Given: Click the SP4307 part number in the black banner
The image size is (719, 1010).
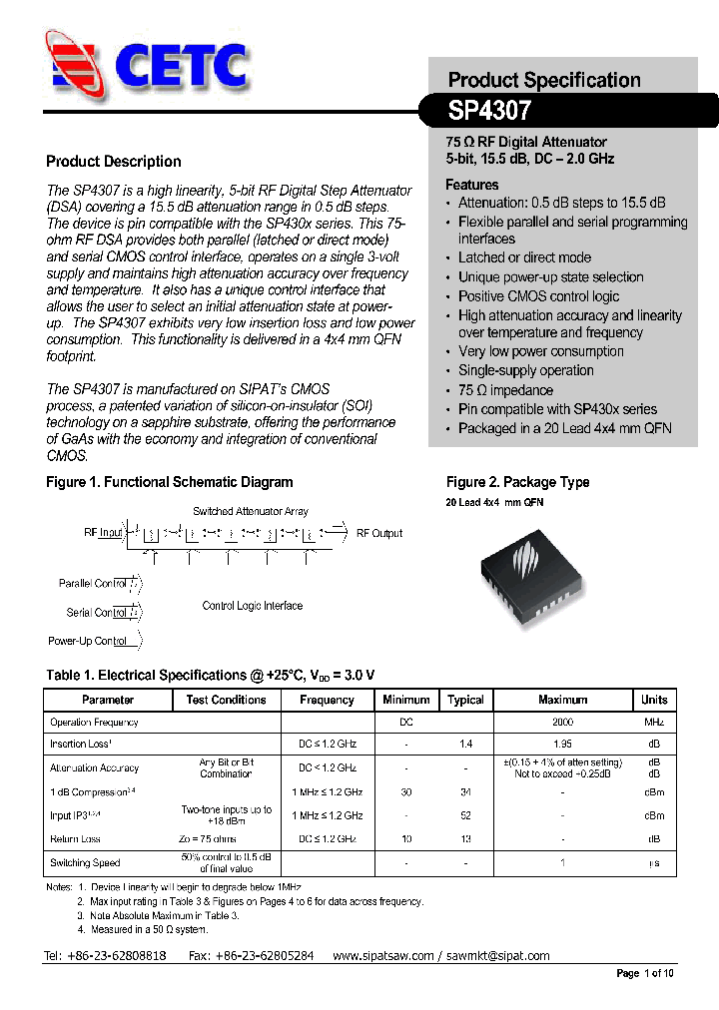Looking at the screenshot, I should (x=489, y=110).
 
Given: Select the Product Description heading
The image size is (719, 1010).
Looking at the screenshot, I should (x=114, y=162).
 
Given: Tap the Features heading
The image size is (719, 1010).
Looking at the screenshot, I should (x=472, y=185).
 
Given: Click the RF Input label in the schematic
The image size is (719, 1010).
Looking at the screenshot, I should (x=103, y=533).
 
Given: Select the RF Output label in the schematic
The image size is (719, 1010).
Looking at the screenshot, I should (x=379, y=534).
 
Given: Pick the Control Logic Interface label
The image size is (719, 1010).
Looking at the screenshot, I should (x=252, y=606).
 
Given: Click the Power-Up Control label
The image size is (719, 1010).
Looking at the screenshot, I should (x=88, y=641).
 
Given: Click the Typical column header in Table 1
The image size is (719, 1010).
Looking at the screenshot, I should (x=465, y=700).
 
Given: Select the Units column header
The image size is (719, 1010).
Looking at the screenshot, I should (x=654, y=700).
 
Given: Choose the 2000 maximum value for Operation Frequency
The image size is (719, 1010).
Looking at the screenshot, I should (x=562, y=722).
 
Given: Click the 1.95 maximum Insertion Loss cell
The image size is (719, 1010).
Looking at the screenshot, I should (x=562, y=744).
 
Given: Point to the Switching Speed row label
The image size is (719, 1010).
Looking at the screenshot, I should (x=85, y=863).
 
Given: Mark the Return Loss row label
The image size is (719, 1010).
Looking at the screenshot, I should (x=76, y=839).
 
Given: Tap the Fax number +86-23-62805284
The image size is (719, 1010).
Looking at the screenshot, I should (x=251, y=955).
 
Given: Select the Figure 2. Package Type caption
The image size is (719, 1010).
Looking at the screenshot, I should (x=517, y=482).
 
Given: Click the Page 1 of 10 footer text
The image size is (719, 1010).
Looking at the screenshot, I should (x=645, y=973).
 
